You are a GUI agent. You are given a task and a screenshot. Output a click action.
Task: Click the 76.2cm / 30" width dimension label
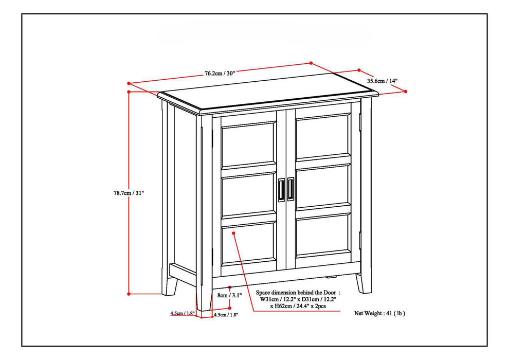point(220,73)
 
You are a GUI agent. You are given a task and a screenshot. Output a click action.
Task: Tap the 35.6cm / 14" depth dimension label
point(383,80)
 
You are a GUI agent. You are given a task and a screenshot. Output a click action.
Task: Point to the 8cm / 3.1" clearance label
point(230,296)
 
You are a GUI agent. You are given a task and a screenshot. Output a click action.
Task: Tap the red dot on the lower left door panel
point(234,233)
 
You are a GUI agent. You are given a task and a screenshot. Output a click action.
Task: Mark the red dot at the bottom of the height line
point(129,294)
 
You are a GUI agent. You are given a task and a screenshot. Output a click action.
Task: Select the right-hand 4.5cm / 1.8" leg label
point(226,314)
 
